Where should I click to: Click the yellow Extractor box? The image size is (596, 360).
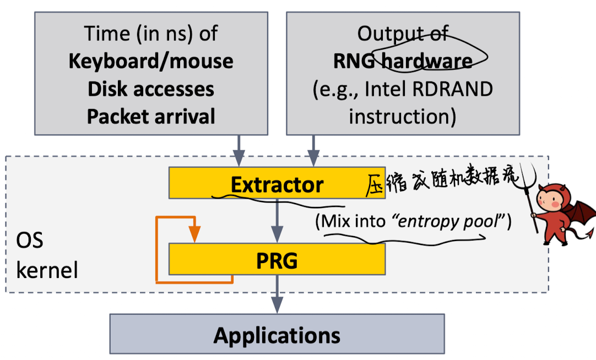[277, 184]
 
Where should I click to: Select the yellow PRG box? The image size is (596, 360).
[277, 260]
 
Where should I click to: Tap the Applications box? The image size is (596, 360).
[277, 334]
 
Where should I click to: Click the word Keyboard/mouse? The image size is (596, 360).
[150, 61]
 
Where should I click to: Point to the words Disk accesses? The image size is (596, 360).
[150, 89]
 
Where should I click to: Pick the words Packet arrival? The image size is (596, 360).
[150, 117]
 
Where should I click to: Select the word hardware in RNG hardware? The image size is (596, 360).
[427, 61]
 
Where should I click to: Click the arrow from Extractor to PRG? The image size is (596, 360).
[277, 220]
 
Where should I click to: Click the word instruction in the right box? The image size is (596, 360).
[403, 117]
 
